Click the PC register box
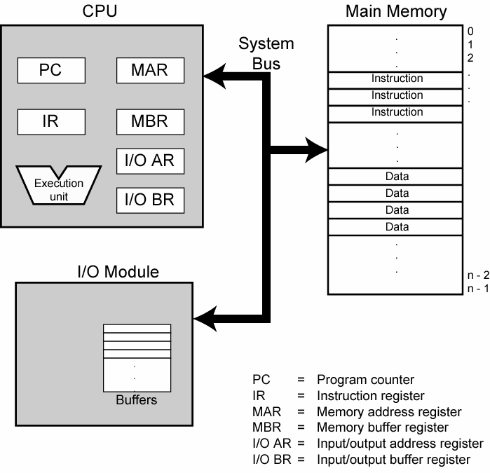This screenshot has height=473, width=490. (x=51, y=70)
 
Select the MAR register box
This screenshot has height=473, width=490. (x=151, y=70)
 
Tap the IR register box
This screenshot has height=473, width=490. (x=51, y=121)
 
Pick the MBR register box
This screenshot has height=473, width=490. (x=151, y=121)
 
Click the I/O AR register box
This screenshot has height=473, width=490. (x=150, y=161)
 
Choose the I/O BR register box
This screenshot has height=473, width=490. (x=150, y=200)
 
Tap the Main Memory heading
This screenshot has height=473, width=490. (x=396, y=12)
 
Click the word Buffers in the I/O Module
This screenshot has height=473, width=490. (x=137, y=401)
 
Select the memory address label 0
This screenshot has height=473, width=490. (x=470, y=32)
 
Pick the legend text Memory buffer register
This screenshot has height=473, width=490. (x=382, y=427)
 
